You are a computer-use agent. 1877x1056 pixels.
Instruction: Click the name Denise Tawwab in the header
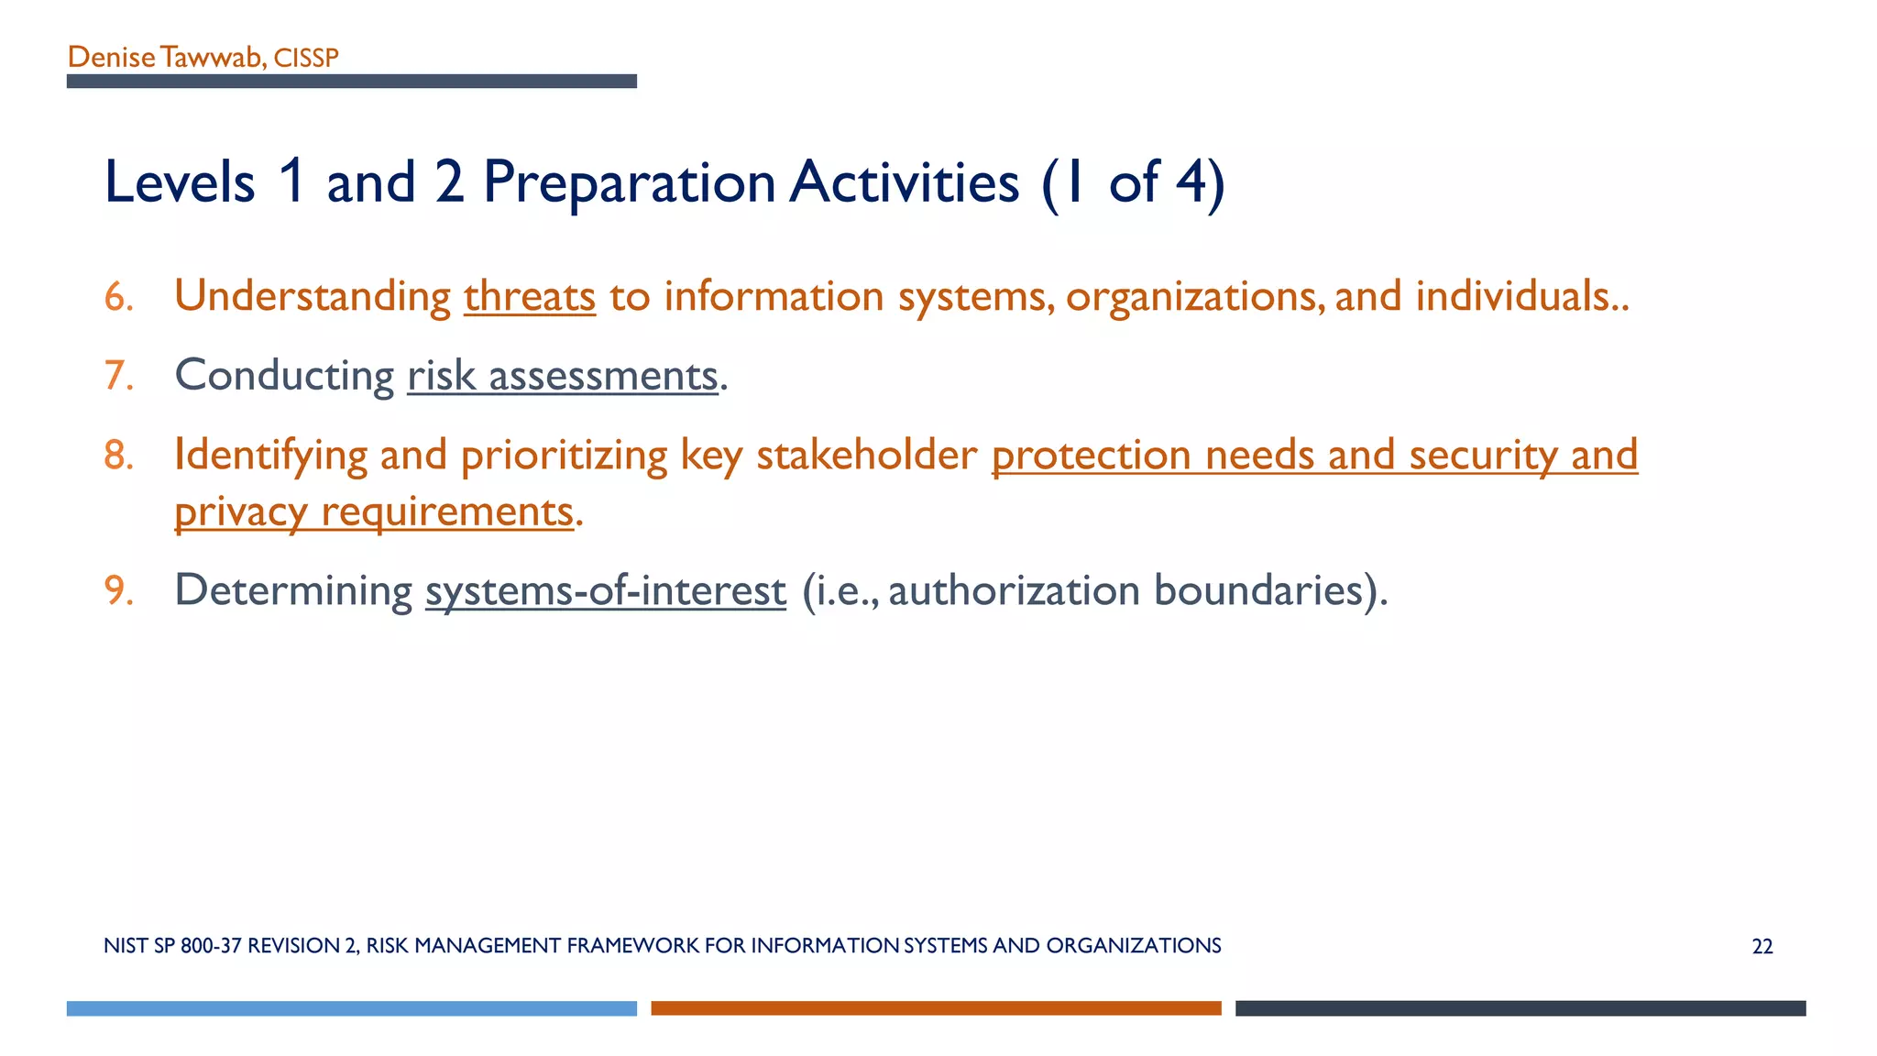165,58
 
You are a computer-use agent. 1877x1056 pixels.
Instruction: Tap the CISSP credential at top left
306,59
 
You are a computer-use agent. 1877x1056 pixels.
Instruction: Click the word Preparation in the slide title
630,181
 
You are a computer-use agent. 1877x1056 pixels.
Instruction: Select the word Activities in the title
904,181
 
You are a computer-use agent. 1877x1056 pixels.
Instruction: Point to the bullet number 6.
118,297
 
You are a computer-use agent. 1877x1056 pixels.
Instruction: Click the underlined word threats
530,297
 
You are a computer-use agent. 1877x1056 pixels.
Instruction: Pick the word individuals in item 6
1512,297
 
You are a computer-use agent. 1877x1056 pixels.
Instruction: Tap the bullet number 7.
118,376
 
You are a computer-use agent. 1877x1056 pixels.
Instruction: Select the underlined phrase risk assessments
562,376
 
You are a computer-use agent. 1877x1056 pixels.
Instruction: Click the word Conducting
284,376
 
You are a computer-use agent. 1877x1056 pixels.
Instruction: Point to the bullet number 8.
118,456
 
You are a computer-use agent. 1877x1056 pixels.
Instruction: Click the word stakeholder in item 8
866,456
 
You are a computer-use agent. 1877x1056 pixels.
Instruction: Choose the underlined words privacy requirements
374,511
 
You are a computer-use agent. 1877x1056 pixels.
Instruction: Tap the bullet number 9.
118,590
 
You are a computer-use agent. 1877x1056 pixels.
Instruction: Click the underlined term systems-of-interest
605,590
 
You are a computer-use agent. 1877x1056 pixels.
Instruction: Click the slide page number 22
1762,947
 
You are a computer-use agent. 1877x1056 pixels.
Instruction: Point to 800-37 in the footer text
211,946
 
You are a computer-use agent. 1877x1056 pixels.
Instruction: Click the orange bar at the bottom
936,1008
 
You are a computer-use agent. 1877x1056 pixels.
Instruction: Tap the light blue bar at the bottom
351,1008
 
